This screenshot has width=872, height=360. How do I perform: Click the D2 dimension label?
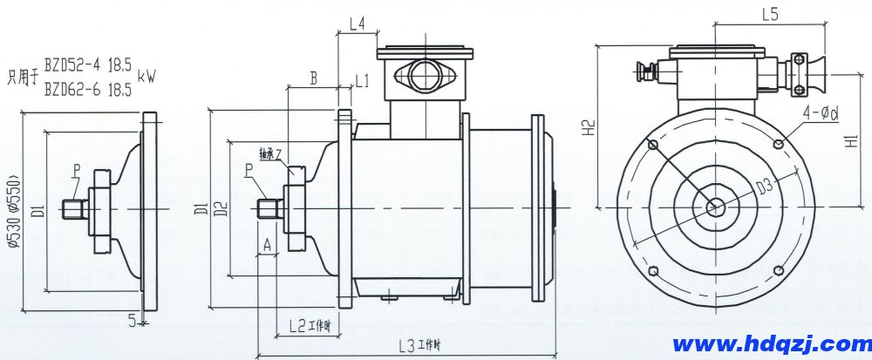tap(221, 208)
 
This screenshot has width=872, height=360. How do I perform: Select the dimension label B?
tap(313, 78)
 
